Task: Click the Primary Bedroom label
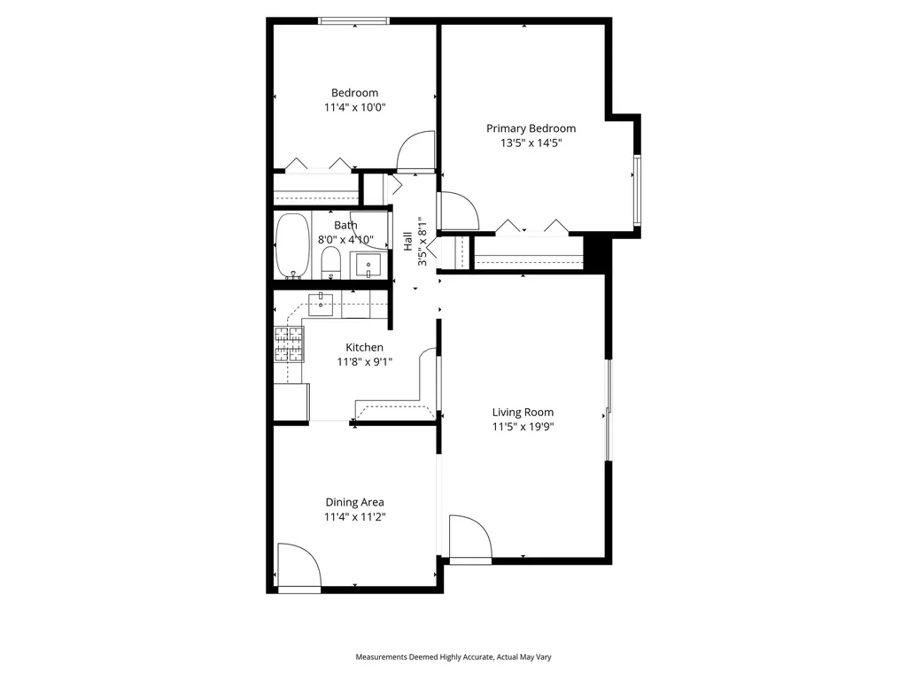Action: point(531,128)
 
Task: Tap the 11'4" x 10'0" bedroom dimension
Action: point(354,107)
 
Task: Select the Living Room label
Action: point(523,412)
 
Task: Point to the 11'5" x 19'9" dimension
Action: point(523,427)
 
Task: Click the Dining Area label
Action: point(354,502)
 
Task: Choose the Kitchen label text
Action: point(364,347)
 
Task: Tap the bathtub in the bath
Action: point(291,245)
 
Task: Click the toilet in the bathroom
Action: point(330,261)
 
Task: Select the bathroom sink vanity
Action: point(367,264)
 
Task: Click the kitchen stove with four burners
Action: point(288,344)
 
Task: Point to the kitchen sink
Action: point(320,304)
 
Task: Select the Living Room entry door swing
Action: point(469,537)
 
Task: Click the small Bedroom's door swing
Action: point(415,152)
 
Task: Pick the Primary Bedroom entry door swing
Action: point(458,211)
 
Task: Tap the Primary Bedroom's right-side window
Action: point(636,189)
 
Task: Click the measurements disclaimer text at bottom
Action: point(453,657)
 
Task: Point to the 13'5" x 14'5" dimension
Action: point(531,143)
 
